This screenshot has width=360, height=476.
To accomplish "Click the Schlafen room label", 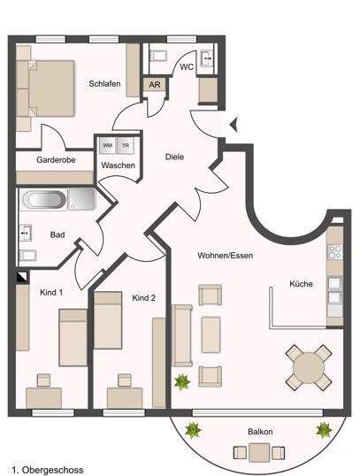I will (x=104, y=84).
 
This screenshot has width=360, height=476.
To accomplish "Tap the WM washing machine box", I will (x=107, y=145).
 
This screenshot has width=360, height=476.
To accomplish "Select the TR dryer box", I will (x=125, y=145).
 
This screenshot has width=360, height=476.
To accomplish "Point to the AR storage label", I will (x=154, y=86).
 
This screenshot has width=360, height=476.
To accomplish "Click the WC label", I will (x=187, y=67).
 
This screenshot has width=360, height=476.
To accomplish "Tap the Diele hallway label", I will (x=175, y=157).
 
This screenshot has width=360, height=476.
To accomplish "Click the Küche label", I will (x=301, y=285).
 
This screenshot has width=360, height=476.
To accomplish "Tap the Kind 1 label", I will (x=51, y=291).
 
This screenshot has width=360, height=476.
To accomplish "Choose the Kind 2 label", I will (x=143, y=298).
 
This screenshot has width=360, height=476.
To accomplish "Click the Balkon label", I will (x=260, y=432).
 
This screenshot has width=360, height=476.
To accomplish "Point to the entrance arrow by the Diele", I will (x=234, y=126).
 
